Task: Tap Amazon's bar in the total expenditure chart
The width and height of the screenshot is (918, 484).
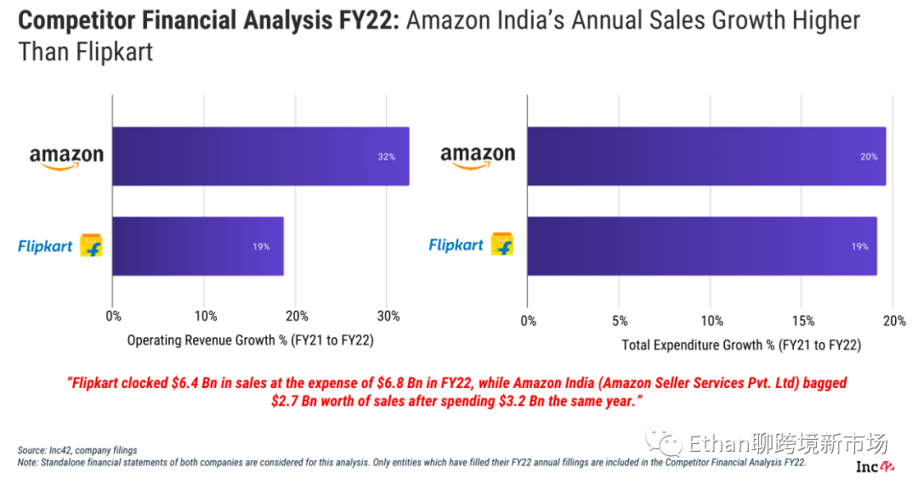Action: tap(705, 156)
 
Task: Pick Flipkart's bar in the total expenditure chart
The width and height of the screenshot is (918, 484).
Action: tap(701, 246)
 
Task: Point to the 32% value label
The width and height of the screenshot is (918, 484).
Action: tap(386, 157)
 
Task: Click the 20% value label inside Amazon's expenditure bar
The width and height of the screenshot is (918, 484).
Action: tap(869, 157)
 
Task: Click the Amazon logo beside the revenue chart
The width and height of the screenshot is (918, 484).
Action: tap(66, 157)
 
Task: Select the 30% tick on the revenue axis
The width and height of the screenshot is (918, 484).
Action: tap(388, 317)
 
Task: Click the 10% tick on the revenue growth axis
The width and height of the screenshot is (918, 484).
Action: tap(205, 317)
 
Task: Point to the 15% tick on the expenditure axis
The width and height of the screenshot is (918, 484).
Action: tap(803, 321)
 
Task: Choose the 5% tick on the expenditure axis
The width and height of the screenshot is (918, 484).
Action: tap(620, 321)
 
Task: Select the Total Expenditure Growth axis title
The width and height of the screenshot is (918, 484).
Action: tap(741, 346)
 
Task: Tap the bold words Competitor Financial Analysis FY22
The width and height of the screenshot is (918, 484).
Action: tap(208, 20)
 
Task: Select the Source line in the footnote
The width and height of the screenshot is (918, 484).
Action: tap(77, 450)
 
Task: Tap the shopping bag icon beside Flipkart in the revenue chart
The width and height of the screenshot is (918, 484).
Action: tap(91, 246)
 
